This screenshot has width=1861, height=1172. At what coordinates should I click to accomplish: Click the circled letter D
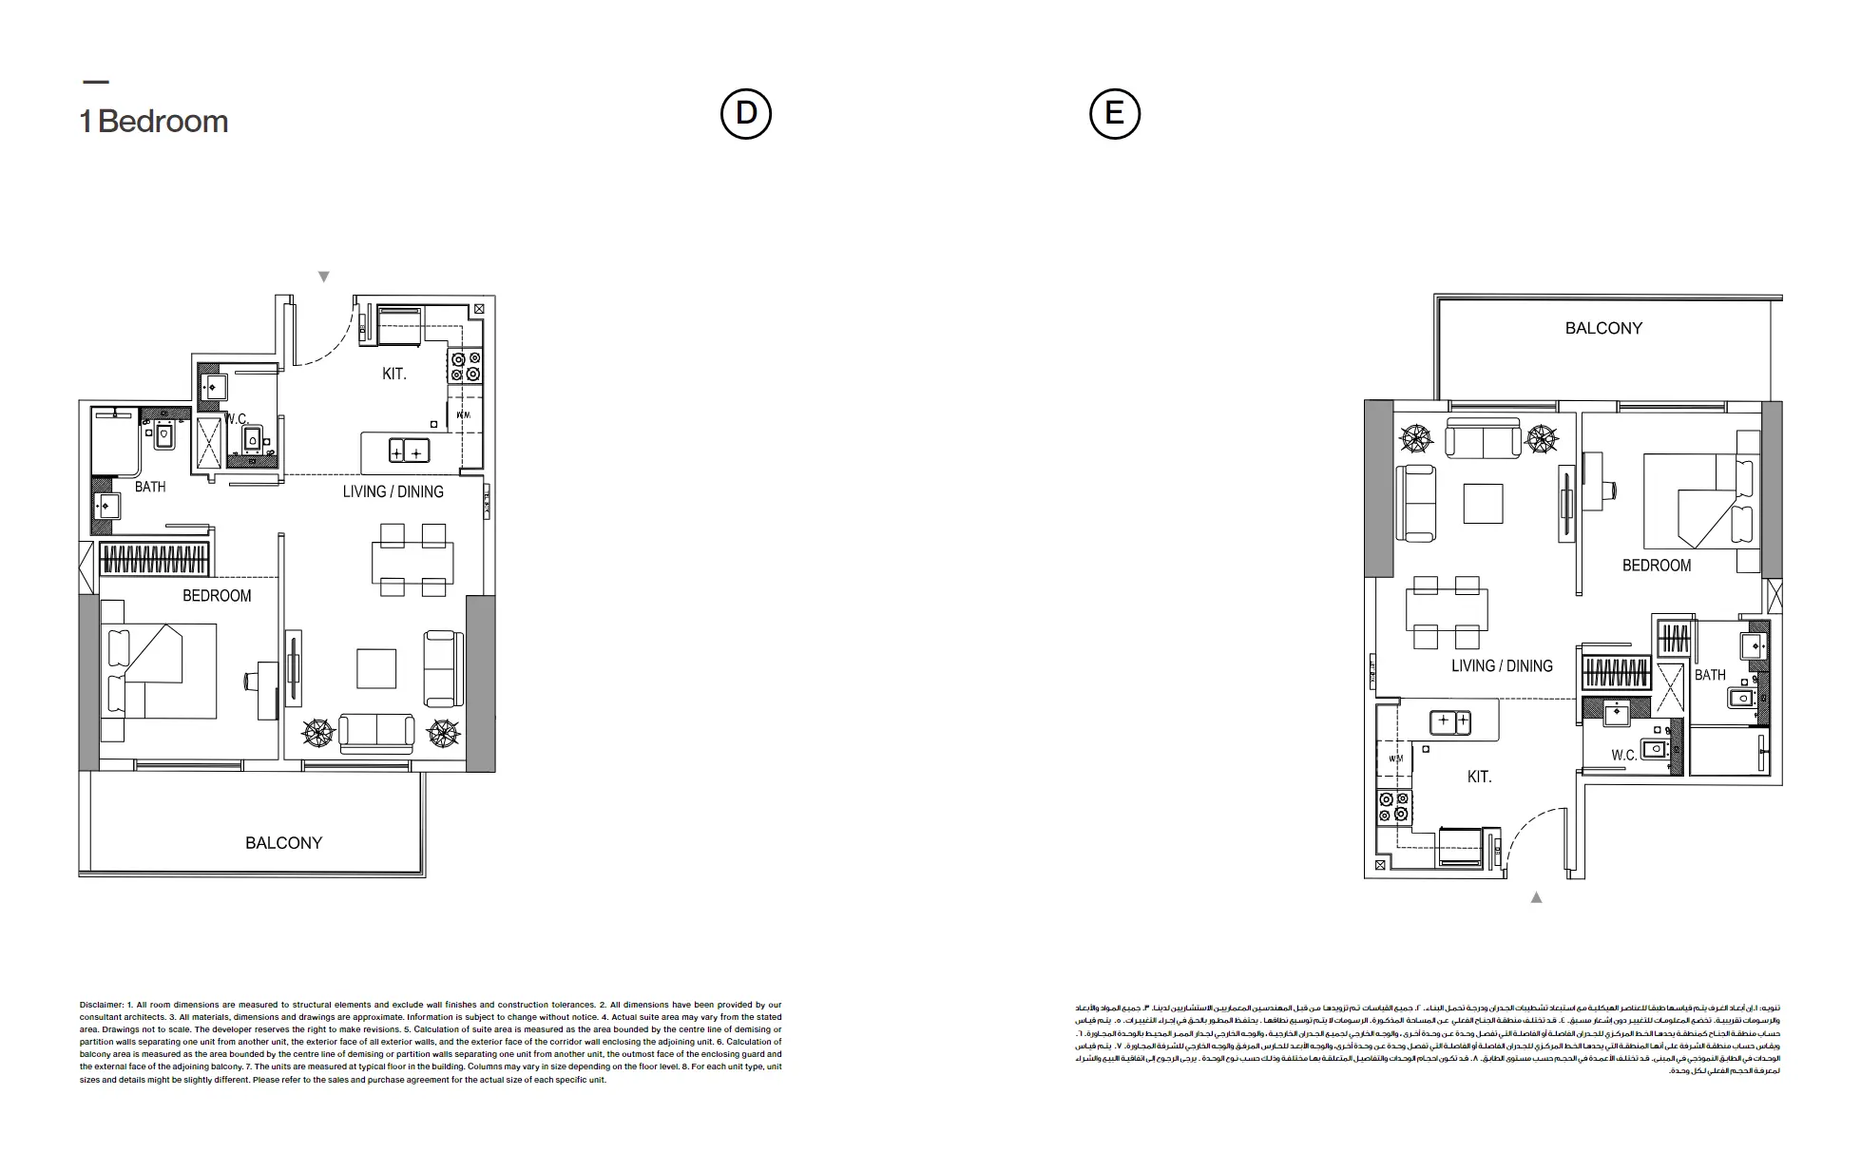746,114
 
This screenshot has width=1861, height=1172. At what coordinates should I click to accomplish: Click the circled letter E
1114,114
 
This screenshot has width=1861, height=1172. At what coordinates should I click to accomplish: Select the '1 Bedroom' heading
154,122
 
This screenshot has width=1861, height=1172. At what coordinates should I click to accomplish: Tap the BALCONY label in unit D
283,843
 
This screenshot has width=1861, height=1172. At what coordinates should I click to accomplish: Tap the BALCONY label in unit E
1603,329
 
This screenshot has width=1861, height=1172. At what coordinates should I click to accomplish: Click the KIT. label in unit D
393,375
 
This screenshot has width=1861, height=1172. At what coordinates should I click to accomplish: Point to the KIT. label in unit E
1479,778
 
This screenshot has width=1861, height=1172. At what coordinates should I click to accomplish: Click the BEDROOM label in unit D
217,596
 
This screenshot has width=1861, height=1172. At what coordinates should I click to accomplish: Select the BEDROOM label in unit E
1656,566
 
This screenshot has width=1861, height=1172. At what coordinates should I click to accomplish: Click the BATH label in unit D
150,488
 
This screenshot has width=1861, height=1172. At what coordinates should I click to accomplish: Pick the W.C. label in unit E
1623,756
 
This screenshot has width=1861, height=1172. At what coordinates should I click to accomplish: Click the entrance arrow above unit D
324,277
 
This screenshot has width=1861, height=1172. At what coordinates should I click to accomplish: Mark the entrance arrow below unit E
1536,897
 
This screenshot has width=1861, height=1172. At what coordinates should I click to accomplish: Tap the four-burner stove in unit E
1392,808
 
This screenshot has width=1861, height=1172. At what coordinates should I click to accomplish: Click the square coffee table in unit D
376,668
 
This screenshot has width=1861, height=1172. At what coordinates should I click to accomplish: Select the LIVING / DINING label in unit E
1502,666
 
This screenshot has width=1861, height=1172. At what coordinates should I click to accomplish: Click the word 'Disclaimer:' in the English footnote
101,1005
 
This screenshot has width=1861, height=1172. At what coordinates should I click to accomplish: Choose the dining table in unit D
412,562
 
